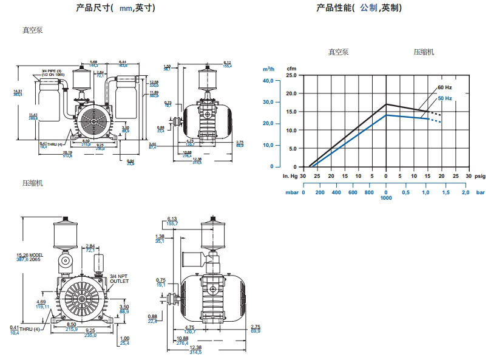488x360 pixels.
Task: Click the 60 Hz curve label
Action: tap(445, 88)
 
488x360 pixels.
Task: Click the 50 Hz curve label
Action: tap(445, 98)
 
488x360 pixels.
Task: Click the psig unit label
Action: tap(480, 175)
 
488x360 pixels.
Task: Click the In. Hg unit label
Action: tap(290, 175)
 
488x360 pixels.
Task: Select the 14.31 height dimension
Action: tap(17, 91)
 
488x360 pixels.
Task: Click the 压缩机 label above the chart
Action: tap(424, 52)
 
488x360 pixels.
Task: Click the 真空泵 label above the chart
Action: tap(339, 52)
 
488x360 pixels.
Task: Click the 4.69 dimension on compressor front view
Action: tap(42, 302)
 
